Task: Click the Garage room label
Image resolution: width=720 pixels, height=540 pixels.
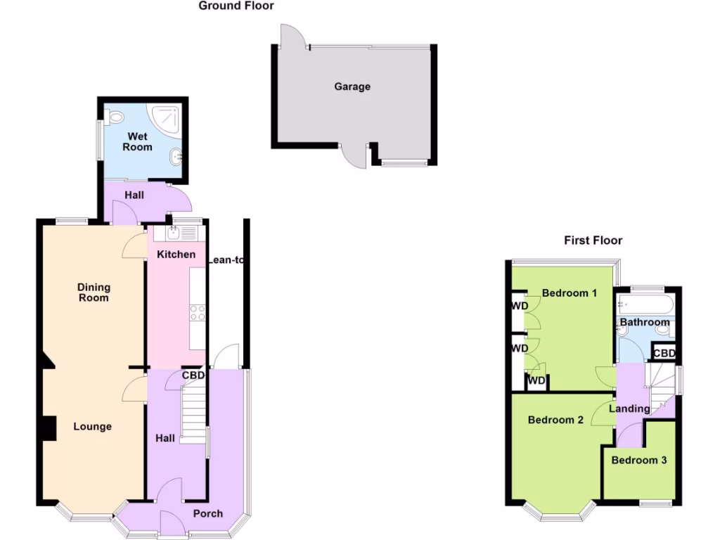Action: click(352, 86)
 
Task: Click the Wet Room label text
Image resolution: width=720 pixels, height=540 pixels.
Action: click(137, 141)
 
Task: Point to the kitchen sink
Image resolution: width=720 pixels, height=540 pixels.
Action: click(172, 232)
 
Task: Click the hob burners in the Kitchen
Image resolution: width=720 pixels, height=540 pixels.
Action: click(198, 312)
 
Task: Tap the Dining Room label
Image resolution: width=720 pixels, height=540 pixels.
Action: click(94, 292)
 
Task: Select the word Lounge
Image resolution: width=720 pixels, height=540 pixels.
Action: click(92, 426)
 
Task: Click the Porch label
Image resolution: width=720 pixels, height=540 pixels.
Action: click(207, 514)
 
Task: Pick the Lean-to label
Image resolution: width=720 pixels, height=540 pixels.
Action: click(226, 259)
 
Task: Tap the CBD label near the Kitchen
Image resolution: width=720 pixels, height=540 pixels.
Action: click(193, 375)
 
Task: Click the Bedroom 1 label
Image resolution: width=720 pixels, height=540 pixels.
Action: click(570, 292)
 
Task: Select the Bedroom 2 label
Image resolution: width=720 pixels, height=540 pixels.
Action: click(555, 420)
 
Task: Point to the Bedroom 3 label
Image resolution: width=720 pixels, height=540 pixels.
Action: click(638, 461)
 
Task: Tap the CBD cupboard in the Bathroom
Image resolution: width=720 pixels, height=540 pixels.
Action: click(664, 352)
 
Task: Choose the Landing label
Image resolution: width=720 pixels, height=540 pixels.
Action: click(629, 409)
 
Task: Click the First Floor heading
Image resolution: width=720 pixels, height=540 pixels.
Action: click(593, 240)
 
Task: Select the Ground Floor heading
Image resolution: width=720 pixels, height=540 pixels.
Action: click(236, 6)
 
